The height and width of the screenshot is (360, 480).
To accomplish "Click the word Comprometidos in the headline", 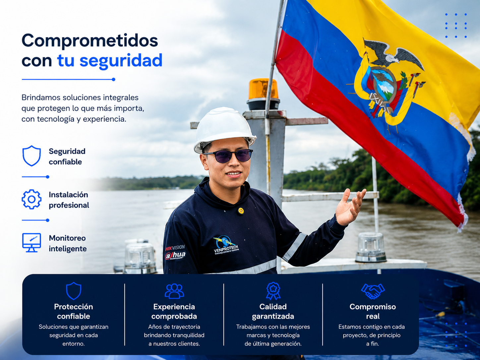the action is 90,41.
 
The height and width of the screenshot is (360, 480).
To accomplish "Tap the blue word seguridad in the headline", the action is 121,61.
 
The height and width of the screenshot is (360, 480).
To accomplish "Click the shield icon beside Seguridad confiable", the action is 31,156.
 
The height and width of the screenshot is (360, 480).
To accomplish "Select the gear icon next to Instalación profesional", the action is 31,199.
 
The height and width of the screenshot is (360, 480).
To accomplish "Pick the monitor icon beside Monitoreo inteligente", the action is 31,242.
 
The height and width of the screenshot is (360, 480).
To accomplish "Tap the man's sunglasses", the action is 228,155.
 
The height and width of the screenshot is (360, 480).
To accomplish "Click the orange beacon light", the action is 263,89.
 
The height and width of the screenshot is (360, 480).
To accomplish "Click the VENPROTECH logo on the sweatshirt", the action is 226,245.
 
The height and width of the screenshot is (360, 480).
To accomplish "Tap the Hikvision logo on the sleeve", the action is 175,248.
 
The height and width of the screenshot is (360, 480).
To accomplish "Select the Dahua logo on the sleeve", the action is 175,255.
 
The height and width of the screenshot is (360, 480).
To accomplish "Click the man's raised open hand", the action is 350,207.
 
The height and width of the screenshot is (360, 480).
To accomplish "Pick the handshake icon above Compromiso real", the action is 373,291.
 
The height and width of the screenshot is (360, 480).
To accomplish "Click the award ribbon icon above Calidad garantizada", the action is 273,291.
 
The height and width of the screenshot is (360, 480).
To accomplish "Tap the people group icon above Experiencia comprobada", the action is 174,291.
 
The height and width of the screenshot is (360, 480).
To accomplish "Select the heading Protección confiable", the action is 74,312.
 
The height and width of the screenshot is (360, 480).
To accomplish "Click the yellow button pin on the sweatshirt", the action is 241,211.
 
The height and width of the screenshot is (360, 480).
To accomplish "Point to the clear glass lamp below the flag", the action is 371,247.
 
